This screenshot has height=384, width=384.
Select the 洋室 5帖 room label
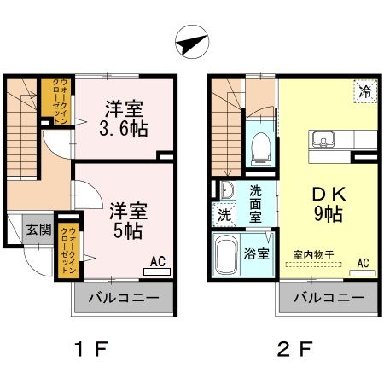(125, 218)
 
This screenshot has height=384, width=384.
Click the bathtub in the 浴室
(227, 254)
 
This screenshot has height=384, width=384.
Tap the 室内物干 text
(312, 253)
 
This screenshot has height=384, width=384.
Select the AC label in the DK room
(363, 263)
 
